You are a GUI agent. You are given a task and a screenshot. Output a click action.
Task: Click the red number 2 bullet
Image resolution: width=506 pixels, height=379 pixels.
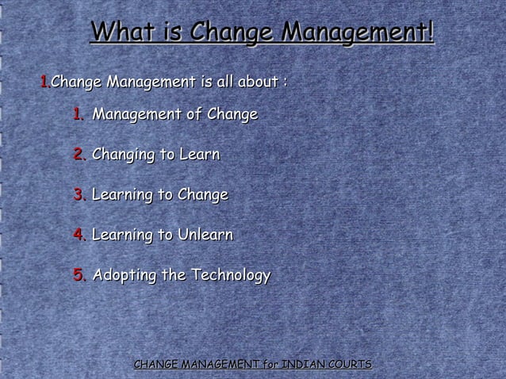pyautogui.click(x=79, y=154)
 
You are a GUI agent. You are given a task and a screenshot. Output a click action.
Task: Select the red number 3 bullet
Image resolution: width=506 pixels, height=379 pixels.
pyautogui.click(x=79, y=194)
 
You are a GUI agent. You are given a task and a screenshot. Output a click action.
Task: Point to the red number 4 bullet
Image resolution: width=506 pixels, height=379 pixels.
pyautogui.click(x=79, y=235)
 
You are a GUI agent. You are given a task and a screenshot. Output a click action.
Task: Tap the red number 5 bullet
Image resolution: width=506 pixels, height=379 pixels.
pyautogui.click(x=79, y=275)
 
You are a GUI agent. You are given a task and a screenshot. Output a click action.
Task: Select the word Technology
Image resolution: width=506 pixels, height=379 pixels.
pyautogui.click(x=231, y=276)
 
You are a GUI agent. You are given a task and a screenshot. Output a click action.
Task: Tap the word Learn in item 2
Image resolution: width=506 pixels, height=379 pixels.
pyautogui.click(x=199, y=154)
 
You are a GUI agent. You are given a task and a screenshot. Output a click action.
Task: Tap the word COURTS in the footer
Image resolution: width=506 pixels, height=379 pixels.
pyautogui.click(x=350, y=364)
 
